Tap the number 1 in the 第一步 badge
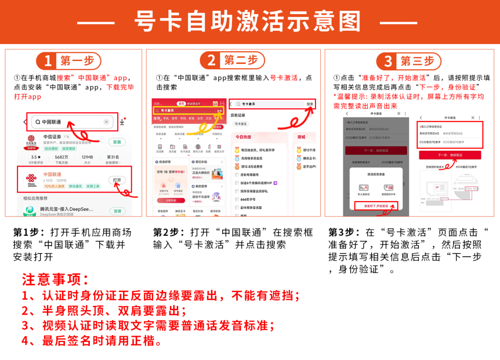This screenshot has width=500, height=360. click(x=48, y=61)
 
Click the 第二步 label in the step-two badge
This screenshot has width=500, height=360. click(x=240, y=60)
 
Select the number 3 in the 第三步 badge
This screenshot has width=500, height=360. click(x=388, y=61)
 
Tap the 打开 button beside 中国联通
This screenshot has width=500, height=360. click(x=117, y=180)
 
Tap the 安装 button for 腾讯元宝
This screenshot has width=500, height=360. click(x=117, y=211)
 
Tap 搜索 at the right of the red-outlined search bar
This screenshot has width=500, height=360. click(x=310, y=104)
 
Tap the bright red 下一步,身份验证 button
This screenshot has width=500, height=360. click(x=450, y=155)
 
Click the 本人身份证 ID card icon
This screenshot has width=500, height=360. click(x=363, y=188)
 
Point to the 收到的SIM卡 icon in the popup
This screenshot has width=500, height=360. click(x=389, y=188)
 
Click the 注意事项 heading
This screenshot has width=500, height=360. click(x=55, y=280)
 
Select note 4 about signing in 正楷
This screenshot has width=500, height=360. click(x=93, y=340)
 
